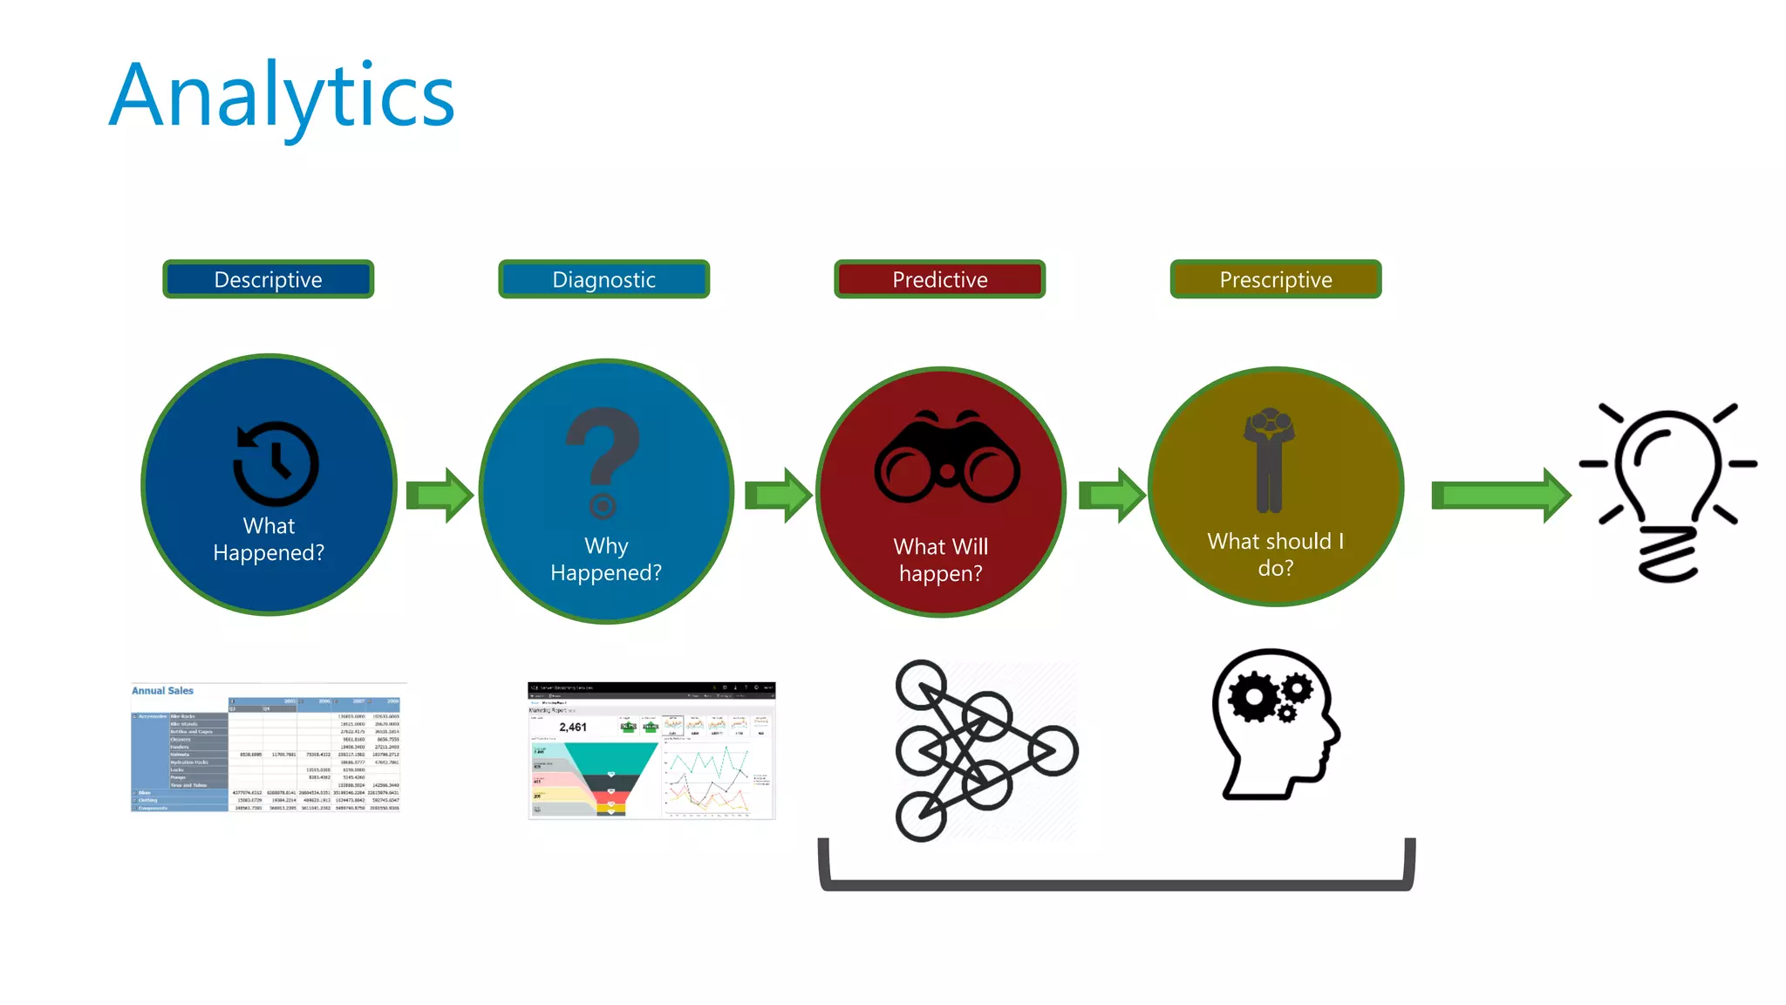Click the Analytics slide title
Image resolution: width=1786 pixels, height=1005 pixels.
(x=282, y=96)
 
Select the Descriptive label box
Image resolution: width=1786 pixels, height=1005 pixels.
(x=268, y=279)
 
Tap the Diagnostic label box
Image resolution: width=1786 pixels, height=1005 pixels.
(x=603, y=279)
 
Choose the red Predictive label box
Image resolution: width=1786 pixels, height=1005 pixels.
(x=939, y=279)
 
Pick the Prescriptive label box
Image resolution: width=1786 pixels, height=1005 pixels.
(x=1275, y=279)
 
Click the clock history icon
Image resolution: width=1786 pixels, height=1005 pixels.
(x=276, y=463)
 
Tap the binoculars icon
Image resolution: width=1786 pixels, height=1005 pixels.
(x=947, y=457)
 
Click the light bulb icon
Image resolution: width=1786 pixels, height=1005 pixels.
(x=1667, y=492)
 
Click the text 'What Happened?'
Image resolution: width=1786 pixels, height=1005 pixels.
(x=269, y=539)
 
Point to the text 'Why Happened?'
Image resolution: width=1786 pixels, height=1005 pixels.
(x=606, y=559)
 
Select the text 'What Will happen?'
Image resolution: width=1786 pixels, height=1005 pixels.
(x=940, y=560)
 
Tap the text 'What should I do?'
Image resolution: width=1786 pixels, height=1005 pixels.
(x=1275, y=555)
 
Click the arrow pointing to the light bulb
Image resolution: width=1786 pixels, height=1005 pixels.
(x=1500, y=496)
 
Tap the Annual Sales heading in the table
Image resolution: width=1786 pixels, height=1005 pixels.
(x=163, y=691)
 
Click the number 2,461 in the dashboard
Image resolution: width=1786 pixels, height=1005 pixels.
(x=573, y=728)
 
